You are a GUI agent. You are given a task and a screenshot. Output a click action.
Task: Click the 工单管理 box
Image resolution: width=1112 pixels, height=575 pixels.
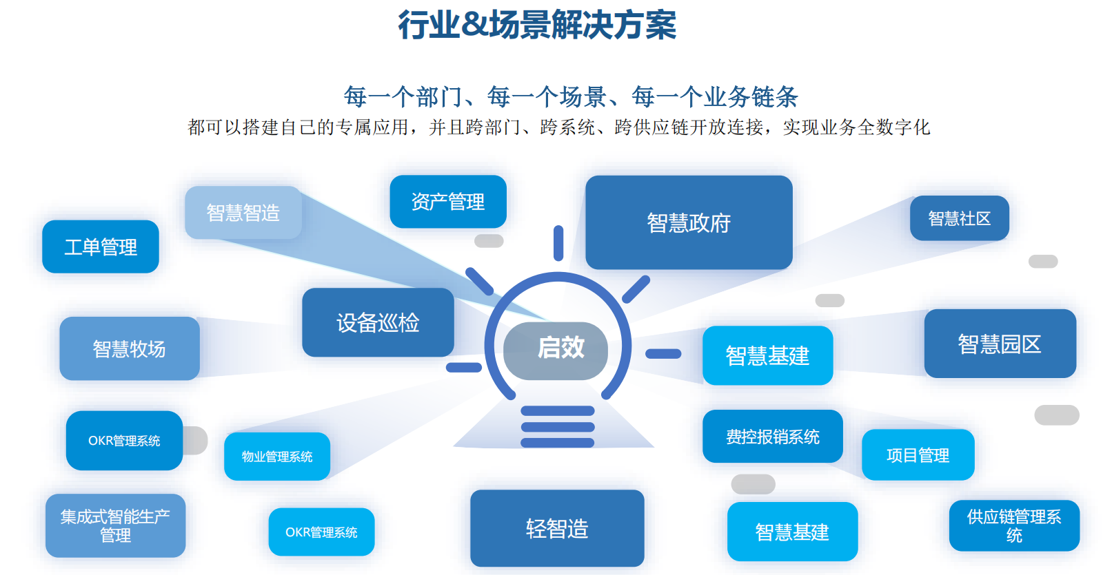[101, 247]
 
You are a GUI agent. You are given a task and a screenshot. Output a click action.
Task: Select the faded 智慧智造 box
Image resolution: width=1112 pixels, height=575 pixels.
[243, 213]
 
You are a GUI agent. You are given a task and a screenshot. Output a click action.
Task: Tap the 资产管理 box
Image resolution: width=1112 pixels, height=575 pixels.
[448, 202]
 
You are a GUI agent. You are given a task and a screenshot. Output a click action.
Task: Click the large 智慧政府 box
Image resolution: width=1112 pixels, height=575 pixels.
[689, 222]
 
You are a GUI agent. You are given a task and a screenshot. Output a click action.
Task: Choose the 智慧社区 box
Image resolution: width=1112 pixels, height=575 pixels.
[959, 218]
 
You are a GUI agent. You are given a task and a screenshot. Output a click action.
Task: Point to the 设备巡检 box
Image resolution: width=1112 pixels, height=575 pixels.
[378, 322]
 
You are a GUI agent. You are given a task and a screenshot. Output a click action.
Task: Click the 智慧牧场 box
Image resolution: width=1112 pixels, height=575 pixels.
[130, 348]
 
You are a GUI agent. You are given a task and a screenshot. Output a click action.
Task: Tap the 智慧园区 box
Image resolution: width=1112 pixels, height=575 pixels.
[1000, 344]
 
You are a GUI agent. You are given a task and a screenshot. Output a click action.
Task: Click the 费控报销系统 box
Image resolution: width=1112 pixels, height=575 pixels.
[772, 437]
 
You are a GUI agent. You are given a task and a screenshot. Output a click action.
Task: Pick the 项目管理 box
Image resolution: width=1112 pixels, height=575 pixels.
[918, 455]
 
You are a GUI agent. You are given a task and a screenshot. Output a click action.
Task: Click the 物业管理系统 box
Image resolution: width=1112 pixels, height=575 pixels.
[277, 456]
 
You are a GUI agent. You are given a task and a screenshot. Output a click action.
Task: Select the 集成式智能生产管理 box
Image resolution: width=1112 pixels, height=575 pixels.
[115, 525]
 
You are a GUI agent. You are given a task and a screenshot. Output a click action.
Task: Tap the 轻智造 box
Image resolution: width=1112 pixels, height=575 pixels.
[557, 528]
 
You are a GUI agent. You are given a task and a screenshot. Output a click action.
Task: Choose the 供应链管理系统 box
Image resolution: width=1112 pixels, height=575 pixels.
[1013, 525]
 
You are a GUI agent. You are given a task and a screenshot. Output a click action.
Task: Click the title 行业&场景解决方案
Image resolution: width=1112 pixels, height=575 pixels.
[537, 25]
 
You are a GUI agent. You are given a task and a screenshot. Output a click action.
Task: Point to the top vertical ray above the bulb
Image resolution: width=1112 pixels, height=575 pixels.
[558, 243]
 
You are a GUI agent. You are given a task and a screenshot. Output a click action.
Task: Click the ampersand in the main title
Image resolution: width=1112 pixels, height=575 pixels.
[474, 25]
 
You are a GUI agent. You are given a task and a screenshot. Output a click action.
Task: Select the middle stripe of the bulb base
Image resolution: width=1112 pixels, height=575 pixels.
[558, 427]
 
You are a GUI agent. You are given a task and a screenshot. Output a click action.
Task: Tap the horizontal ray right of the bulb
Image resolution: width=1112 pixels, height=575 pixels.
[663, 354]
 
